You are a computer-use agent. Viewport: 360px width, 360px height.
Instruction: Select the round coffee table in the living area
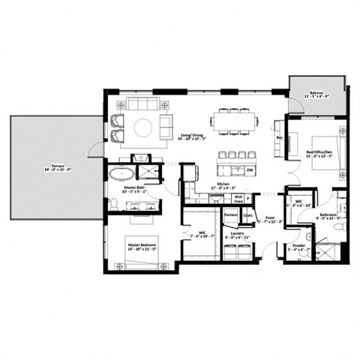pyautogui.click(x=142, y=127)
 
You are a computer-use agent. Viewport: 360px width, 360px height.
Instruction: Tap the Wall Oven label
pyautogui.click(x=238, y=199)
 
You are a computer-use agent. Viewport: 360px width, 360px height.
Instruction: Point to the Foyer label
pyautogui.click(x=268, y=218)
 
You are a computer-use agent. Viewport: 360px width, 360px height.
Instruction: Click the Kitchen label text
pyautogui.click(x=223, y=184)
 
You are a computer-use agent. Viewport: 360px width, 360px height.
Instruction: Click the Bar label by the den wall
pyautogui.click(x=280, y=138)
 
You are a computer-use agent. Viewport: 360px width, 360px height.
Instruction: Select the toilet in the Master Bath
pyautogui.click(x=141, y=158)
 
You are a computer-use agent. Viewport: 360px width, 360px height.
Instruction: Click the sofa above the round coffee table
pyautogui.click(x=142, y=104)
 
